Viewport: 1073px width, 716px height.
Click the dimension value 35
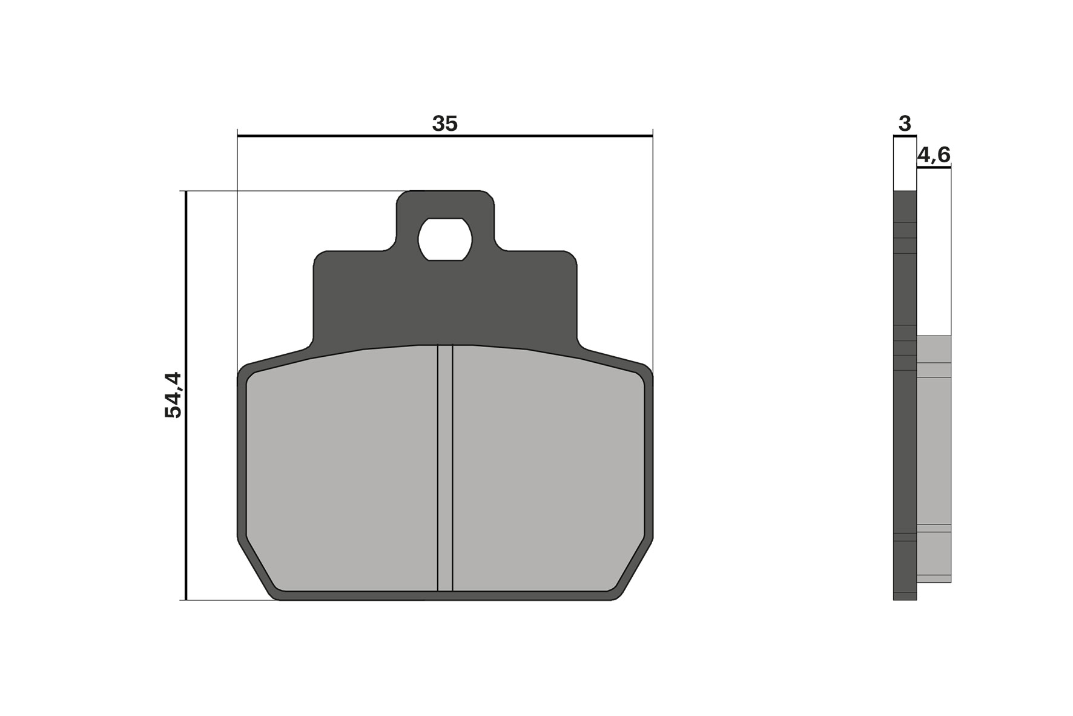pos(444,124)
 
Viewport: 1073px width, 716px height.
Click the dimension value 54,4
pos(173,395)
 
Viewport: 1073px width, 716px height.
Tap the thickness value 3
pos(904,124)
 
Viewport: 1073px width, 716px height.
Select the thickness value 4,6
pos(934,155)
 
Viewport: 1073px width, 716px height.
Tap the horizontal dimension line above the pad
pos(363,136)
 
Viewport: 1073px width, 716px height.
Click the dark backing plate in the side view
pos(905,424)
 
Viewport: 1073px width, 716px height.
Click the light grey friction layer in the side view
pos(934,454)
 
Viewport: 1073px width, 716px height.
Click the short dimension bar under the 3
pos(905,137)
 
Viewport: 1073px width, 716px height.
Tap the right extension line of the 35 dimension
pos(653,254)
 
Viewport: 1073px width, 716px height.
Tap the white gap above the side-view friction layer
pos(934,254)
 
